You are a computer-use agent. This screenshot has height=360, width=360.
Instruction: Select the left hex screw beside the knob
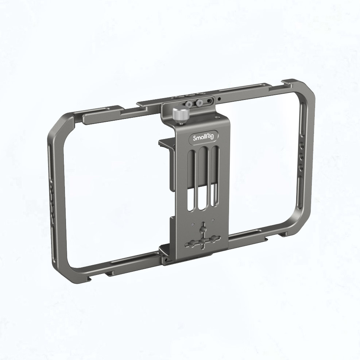(189, 104)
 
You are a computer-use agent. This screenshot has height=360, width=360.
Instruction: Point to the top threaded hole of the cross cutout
(202, 229)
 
